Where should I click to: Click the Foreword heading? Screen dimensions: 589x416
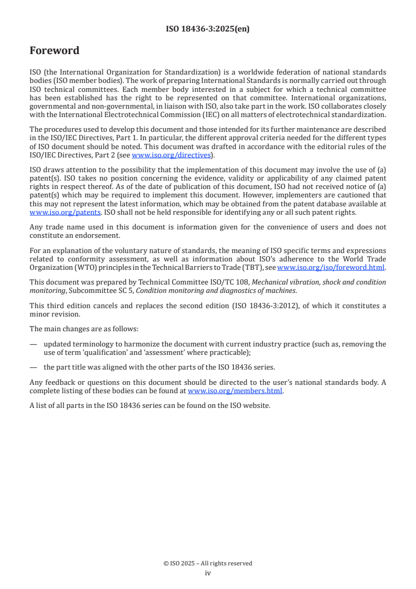click(55, 51)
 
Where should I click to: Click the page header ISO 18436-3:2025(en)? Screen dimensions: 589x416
click(208, 29)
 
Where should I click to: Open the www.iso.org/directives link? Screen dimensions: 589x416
click(171, 155)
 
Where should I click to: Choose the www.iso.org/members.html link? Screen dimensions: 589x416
click(235, 391)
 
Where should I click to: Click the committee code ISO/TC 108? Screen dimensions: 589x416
click(230, 282)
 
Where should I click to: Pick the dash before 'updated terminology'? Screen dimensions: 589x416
click(34, 345)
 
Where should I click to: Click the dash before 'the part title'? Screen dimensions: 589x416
click(34, 367)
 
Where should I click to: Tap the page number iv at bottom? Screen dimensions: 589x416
click(208, 573)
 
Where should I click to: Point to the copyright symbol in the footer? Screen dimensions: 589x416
click(166, 563)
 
